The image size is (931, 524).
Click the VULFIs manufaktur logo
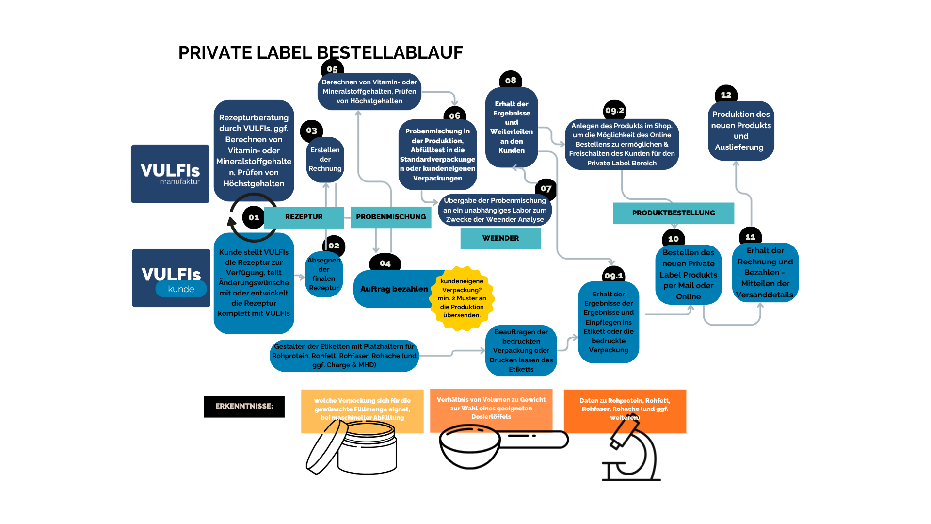click(170, 174)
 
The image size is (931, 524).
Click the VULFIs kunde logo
click(171, 278)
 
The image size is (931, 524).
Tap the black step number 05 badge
click(332, 69)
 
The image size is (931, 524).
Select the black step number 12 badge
click(726, 95)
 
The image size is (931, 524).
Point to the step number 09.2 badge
click(614, 110)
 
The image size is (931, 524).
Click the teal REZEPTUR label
click(304, 217)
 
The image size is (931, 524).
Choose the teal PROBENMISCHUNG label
click(391, 217)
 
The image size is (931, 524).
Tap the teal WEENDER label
click(500, 238)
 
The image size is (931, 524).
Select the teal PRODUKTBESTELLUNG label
click(674, 213)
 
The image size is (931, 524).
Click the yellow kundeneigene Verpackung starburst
click(462, 298)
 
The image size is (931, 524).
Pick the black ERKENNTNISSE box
click(244, 406)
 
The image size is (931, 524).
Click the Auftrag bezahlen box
click(394, 289)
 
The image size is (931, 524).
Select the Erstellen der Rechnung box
click(325, 160)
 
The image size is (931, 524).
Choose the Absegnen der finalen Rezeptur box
click(324, 274)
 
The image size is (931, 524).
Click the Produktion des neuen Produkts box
click(741, 131)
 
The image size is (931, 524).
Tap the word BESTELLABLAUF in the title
click(390, 52)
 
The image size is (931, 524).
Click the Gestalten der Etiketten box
click(344, 356)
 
